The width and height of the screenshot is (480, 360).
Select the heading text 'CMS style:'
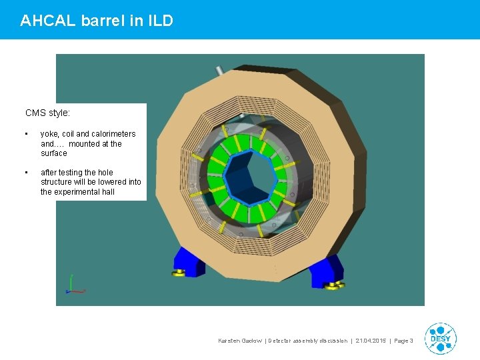click(x=47, y=113)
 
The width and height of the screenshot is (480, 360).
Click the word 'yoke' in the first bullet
click(x=51, y=134)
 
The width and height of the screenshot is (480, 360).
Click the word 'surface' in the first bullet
click(x=54, y=153)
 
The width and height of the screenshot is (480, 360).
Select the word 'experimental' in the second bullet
click(x=77, y=192)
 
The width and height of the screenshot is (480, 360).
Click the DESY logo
click(x=441, y=339)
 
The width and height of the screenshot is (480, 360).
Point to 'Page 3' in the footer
click(x=404, y=341)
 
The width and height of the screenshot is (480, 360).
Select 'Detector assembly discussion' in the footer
click(x=307, y=341)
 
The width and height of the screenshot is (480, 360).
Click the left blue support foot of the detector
click(x=190, y=261)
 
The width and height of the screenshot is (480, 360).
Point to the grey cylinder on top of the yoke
click(x=218, y=71)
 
